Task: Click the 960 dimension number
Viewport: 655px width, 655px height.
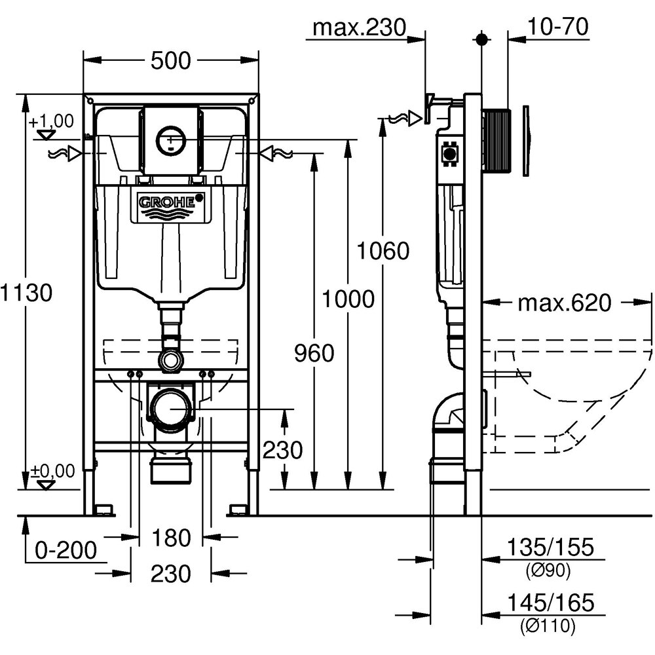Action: [x=314, y=354]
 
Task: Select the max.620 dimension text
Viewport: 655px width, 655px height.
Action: [x=564, y=303]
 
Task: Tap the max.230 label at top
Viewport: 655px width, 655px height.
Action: [x=359, y=28]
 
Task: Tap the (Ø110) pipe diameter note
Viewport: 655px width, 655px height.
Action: [x=548, y=626]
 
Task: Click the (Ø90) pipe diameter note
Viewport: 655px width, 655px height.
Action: [x=548, y=571]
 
